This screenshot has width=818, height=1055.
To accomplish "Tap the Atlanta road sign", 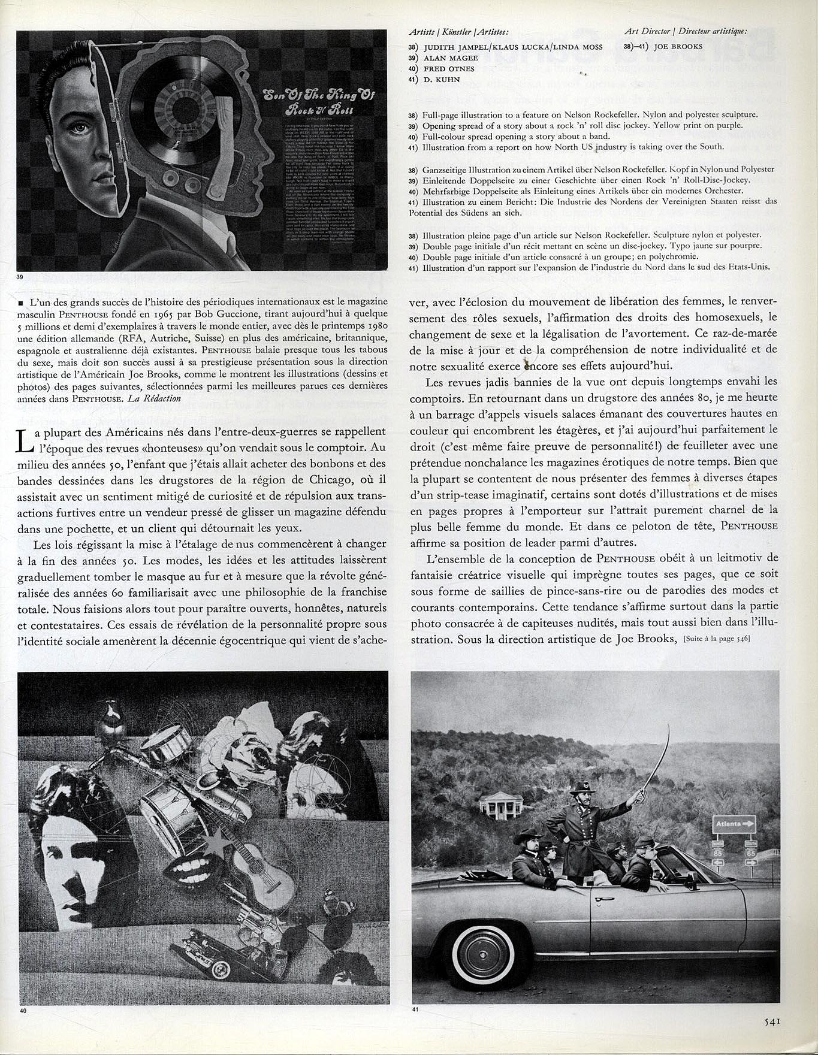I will tap(734, 824).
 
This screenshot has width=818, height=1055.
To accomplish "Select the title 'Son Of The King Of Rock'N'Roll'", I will tap(321, 102).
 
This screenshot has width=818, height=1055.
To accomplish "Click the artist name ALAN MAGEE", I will tap(450, 58).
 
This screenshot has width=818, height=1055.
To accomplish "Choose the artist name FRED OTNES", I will tap(448, 69).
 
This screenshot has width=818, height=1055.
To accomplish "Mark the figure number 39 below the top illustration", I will tap(22, 277).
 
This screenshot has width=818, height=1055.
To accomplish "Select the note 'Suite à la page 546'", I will tap(716, 639).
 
